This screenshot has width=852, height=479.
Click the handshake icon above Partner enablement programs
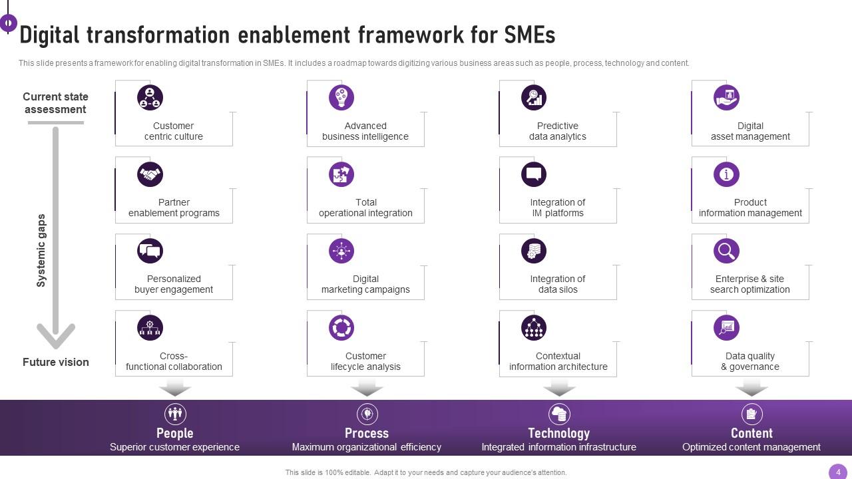coord(150,174)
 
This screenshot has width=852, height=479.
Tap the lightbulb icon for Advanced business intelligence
coord(341,98)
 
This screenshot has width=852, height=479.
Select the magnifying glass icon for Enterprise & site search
coord(726,251)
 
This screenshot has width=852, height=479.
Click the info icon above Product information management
coord(726,174)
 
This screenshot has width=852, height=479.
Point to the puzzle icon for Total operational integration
coord(341,174)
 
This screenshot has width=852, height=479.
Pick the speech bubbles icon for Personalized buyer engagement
coord(150,251)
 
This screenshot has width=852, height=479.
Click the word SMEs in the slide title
coord(529,35)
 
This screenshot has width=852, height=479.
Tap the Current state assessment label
coord(55,103)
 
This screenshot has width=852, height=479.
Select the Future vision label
coord(55,362)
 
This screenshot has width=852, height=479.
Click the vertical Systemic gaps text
coord(41,251)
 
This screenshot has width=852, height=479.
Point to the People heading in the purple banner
coord(175,433)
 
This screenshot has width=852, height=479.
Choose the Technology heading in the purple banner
coord(558,433)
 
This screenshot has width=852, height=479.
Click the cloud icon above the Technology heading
coord(559,414)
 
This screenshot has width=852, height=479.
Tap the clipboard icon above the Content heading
coord(751,414)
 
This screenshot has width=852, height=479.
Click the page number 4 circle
coord(838,472)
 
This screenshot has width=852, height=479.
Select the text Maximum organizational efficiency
coord(367,447)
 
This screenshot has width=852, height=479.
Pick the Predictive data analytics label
coord(558,131)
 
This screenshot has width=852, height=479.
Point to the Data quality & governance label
coord(750,361)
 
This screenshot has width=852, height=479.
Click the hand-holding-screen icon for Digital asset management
coord(726,98)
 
